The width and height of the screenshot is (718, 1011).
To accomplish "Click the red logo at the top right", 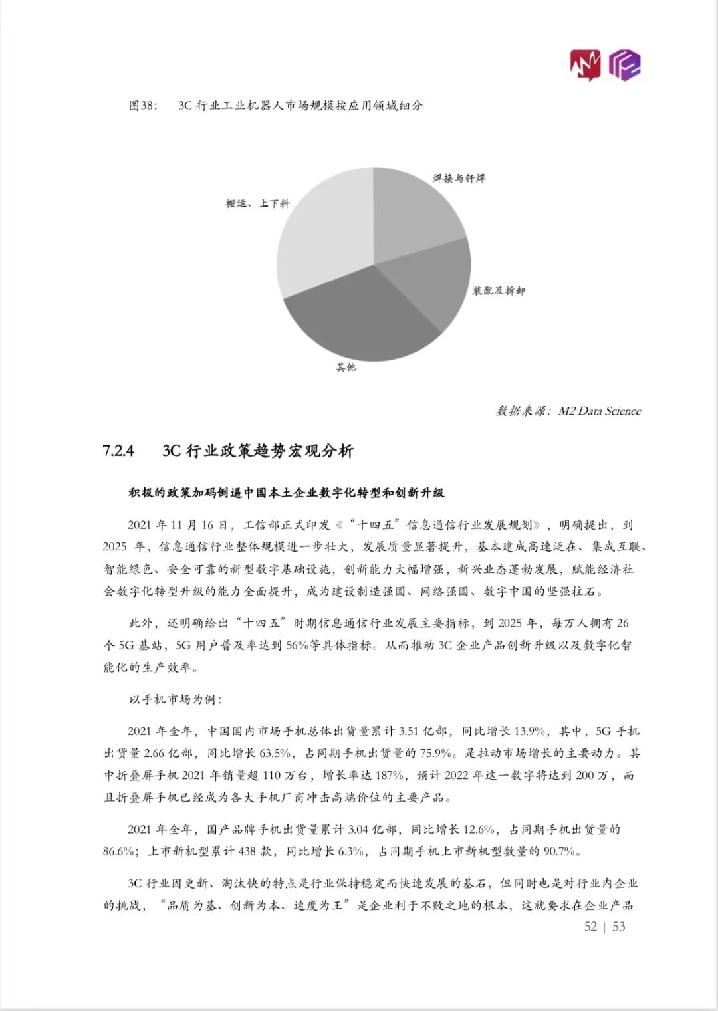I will pos(584,66).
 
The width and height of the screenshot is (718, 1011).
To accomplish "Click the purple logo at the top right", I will pos(625,65).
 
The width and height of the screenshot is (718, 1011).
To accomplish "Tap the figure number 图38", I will pos(142,106).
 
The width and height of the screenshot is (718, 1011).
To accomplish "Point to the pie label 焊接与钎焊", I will pos(459,179).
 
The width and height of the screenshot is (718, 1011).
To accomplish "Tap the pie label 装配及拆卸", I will pos(499,291).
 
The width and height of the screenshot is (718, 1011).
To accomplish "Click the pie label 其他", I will pos(346,367).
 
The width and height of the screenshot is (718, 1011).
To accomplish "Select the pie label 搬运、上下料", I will pos(258,203).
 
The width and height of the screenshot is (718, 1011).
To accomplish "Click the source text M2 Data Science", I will pos(600,411).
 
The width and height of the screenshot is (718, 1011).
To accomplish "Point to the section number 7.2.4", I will pos(118,451).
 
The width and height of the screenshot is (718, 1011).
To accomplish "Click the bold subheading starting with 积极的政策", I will pos(287,493).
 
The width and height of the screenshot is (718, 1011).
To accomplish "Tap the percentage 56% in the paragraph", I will pos(297,645).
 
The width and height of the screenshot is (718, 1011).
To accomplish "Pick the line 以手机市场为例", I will pos(175,699).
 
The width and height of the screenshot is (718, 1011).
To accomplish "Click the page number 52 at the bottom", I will pos(590,927).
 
